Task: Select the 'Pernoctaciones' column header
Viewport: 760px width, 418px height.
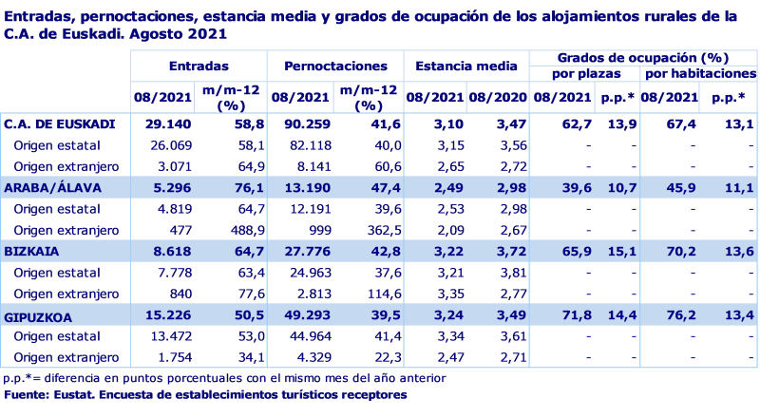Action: coord(334,67)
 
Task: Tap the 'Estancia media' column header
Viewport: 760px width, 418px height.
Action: coord(466,67)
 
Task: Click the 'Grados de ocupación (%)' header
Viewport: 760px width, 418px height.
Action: coord(644,58)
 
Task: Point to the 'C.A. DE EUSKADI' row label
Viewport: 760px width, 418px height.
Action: coord(60,123)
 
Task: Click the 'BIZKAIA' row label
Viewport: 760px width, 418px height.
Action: coord(33,252)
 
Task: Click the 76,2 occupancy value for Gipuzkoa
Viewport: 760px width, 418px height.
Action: coord(681,315)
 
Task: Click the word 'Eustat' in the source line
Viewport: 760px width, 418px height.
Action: coord(68,394)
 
